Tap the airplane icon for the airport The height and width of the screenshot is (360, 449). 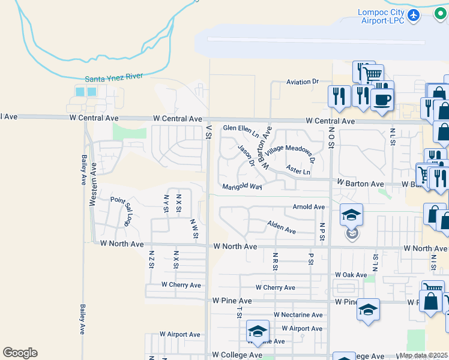(x=413, y=14)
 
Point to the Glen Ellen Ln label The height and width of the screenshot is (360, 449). (x=240, y=128)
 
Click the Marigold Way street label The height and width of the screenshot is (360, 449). (x=243, y=187)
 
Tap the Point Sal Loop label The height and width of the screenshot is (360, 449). (x=121, y=210)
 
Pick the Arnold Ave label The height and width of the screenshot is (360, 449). (x=309, y=207)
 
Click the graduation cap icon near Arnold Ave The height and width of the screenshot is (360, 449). (x=352, y=214)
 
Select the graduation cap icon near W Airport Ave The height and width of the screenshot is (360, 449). (x=257, y=331)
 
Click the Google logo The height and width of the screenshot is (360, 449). (x=20, y=353)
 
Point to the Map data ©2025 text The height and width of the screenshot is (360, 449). (x=424, y=355)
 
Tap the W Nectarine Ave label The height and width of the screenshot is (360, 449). (x=298, y=315)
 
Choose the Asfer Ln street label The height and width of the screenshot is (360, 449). (x=298, y=172)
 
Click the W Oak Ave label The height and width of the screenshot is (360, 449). (x=351, y=275)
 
